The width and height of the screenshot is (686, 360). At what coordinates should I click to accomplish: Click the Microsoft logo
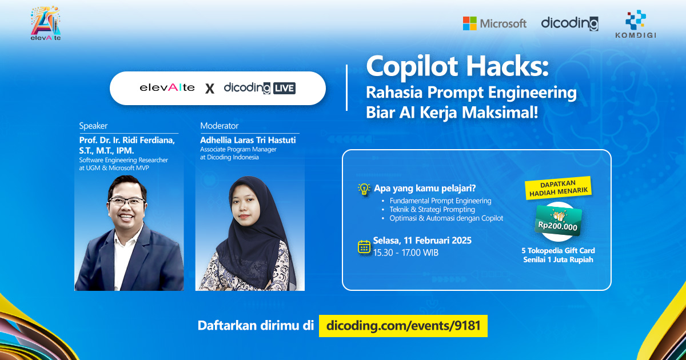[494, 23]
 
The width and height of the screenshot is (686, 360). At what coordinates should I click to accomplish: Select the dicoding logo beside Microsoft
[569, 23]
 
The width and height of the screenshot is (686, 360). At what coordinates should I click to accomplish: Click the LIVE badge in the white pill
[284, 88]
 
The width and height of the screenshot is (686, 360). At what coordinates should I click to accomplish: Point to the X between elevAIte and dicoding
[210, 89]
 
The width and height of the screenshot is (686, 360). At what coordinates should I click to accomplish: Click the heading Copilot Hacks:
[457, 67]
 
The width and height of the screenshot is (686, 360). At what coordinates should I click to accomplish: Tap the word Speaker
[93, 126]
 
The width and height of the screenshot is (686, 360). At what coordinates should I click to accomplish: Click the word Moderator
[220, 126]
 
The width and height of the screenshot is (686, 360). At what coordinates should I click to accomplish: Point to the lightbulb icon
[364, 189]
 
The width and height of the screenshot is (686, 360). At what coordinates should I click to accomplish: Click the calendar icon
[364, 246]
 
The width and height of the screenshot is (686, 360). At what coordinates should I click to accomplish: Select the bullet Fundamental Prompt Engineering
[440, 201]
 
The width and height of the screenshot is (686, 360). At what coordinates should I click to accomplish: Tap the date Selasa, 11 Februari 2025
[422, 241]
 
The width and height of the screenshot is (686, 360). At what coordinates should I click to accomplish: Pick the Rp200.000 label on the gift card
[557, 226]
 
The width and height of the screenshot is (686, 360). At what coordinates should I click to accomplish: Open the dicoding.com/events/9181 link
[402, 326]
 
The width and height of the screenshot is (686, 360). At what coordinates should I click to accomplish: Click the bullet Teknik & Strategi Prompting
[432, 210]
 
